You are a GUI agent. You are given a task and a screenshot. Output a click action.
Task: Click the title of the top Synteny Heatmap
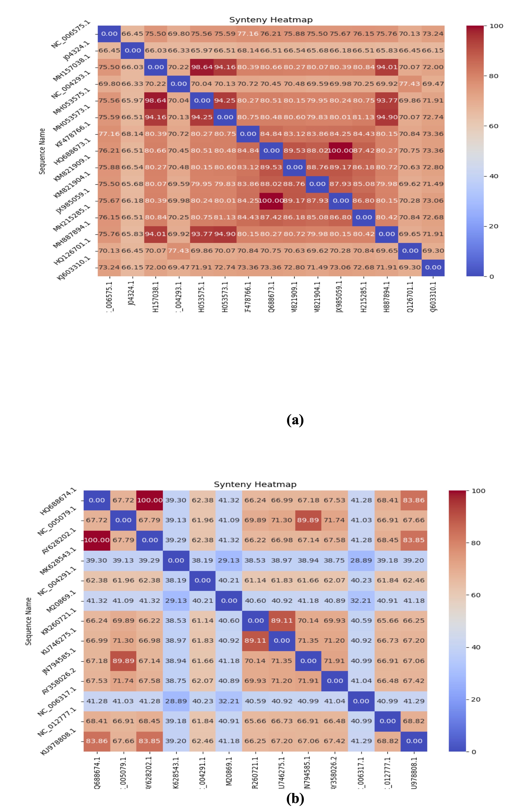tap(271, 20)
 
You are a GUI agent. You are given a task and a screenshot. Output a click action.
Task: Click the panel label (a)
tap(295, 420)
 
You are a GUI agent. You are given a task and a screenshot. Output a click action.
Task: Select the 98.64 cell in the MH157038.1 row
tap(202, 67)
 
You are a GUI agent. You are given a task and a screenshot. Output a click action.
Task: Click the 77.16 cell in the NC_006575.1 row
tap(248, 34)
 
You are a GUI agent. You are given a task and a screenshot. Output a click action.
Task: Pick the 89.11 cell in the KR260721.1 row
tap(282, 621)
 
